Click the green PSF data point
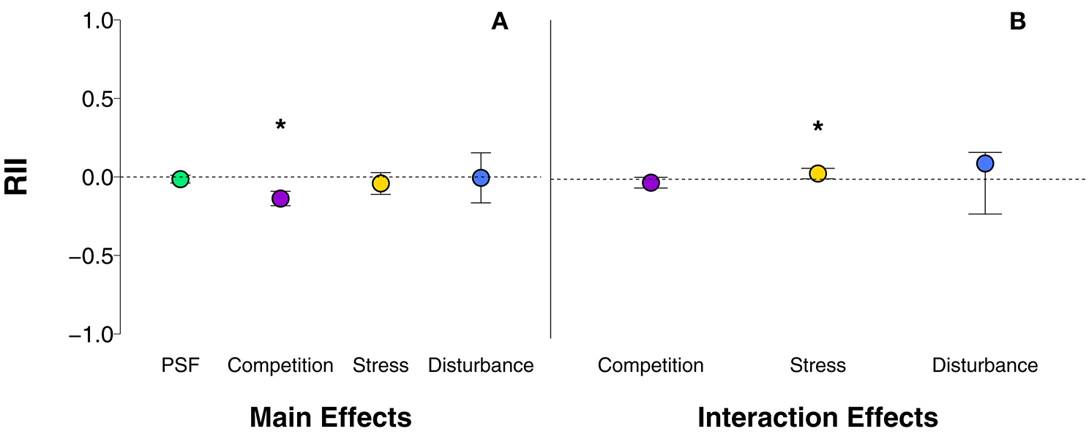[180, 179]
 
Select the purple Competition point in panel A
[280, 198]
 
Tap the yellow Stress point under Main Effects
[381, 183]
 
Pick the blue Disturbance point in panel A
[480, 177]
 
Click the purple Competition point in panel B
[651, 182]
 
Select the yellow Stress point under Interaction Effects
[817, 173]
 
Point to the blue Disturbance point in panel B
[985, 163]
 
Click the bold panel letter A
[499, 22]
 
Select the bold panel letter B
[1017, 22]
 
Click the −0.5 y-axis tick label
[89, 256]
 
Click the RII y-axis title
[17, 176]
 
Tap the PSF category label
[180, 365]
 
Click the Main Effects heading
[330, 418]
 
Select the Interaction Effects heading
[817, 418]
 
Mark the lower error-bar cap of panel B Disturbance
[985, 214]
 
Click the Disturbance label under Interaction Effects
[985, 365]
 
